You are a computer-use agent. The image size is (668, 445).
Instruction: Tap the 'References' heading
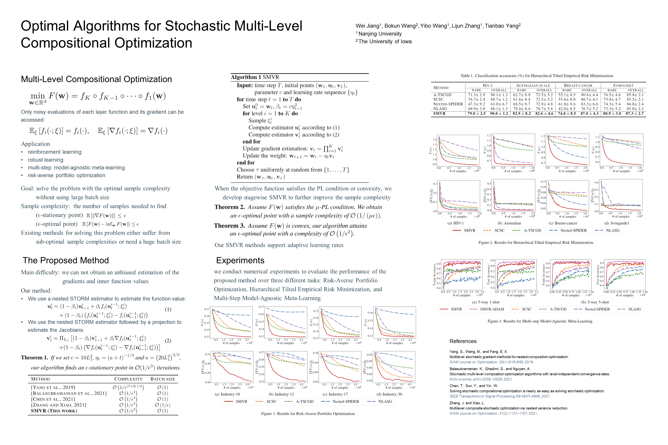[x=463, y=341]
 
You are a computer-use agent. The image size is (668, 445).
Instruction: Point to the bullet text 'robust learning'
[x=45, y=160]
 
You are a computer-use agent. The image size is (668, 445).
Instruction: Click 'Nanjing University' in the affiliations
[x=380, y=34]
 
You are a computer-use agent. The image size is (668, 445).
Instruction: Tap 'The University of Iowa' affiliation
[x=385, y=42]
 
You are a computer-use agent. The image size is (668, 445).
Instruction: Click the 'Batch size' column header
[x=163, y=379]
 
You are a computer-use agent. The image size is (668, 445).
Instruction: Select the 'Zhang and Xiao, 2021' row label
[x=59, y=405]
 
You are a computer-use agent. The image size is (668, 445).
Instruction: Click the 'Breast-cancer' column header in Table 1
[x=578, y=85]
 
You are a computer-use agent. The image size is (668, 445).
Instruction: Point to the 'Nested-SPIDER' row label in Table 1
[x=448, y=104]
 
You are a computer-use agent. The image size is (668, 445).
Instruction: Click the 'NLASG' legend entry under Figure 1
[x=385, y=402]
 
